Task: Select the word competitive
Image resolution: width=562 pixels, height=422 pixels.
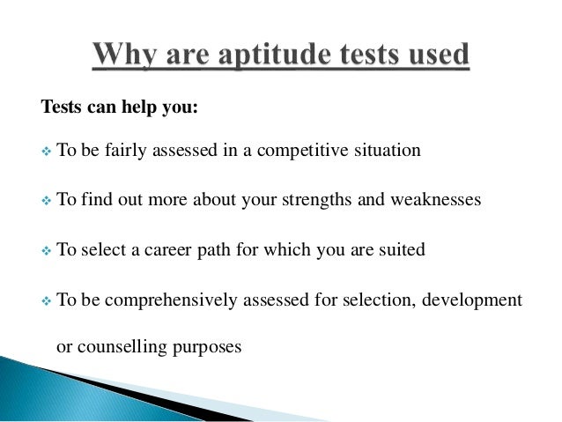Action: pyautogui.click(x=303, y=151)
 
